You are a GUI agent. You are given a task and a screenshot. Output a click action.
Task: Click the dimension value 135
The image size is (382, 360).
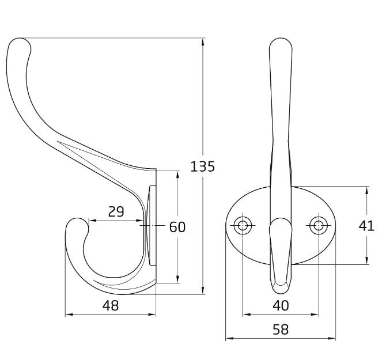[x=202, y=166]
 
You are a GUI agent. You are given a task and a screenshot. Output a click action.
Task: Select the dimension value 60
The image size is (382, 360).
[x=177, y=227]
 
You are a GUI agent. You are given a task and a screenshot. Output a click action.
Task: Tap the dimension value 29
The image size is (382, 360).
[x=116, y=211]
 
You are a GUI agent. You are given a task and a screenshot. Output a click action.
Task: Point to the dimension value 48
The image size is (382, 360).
[x=110, y=306]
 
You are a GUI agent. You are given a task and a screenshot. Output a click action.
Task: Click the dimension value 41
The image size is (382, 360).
[x=366, y=226]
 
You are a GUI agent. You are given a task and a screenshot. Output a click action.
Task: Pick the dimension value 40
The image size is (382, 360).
[x=280, y=306]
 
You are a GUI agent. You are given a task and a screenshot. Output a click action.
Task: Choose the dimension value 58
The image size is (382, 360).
[x=280, y=329]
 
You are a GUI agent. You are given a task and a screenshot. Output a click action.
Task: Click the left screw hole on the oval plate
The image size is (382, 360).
[x=243, y=225]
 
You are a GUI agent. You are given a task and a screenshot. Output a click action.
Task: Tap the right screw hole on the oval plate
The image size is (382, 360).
[x=317, y=225]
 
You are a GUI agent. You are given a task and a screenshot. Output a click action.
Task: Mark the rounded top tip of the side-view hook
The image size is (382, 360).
[x=19, y=44]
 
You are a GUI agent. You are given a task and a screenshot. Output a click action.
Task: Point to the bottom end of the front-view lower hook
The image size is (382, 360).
[x=280, y=284]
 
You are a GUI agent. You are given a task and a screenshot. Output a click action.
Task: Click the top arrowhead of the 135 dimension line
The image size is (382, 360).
[x=204, y=41]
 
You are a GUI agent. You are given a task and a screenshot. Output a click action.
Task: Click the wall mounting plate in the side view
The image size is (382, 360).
[x=152, y=226]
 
